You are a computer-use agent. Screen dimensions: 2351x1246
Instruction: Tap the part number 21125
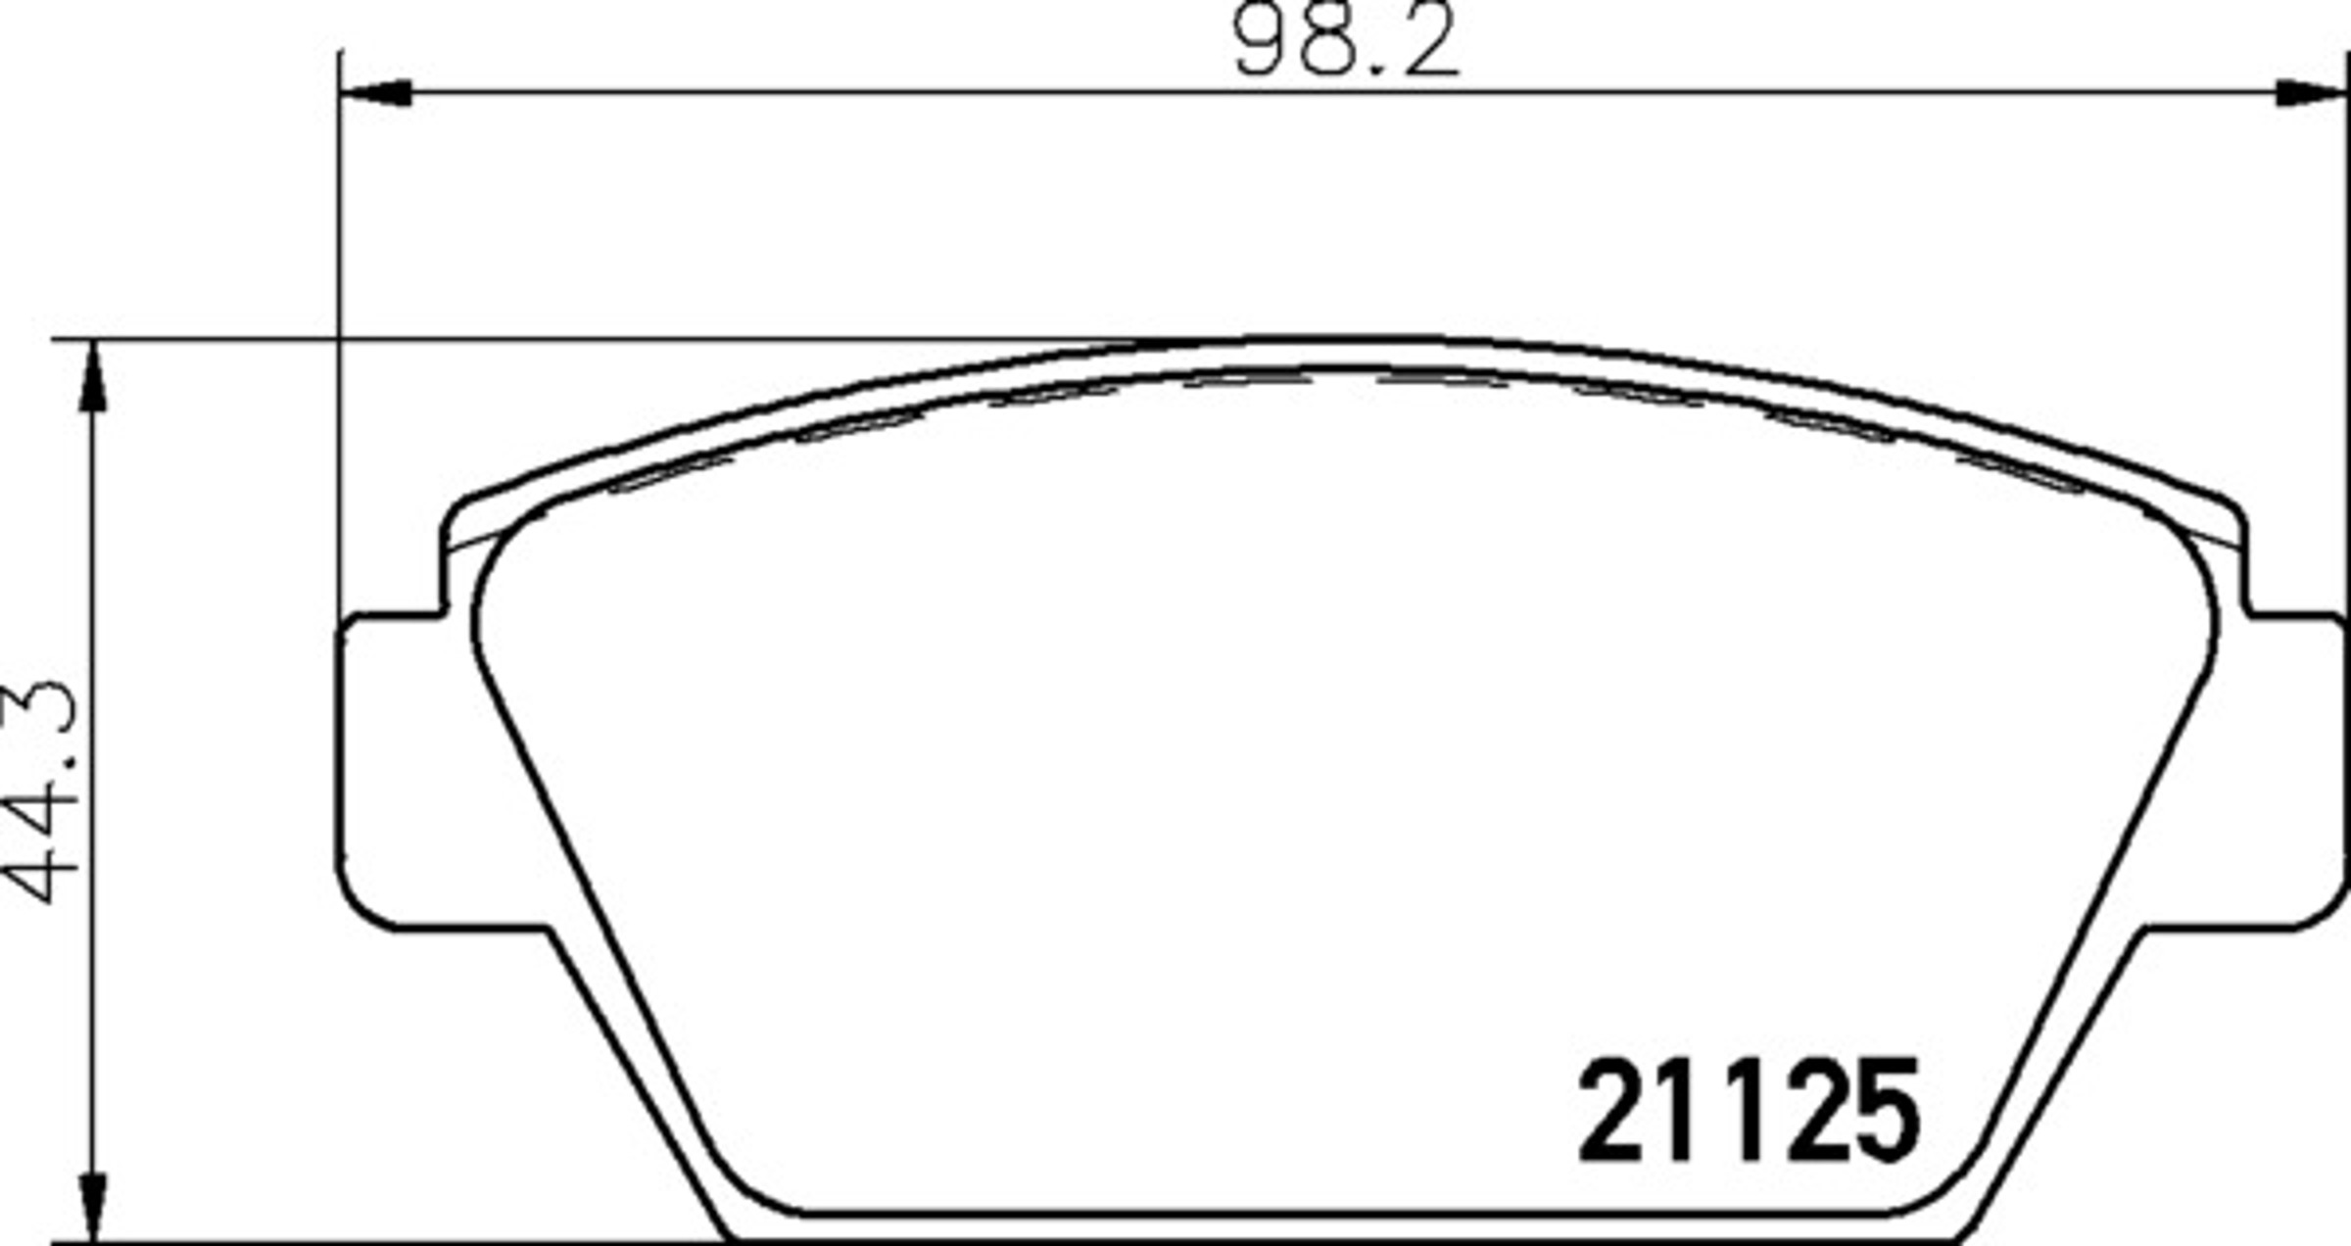click(1750, 1112)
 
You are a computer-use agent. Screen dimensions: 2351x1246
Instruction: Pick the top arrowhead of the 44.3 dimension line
click(92, 377)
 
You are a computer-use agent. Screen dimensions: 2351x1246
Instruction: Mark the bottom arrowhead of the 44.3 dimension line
click(92, 1205)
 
